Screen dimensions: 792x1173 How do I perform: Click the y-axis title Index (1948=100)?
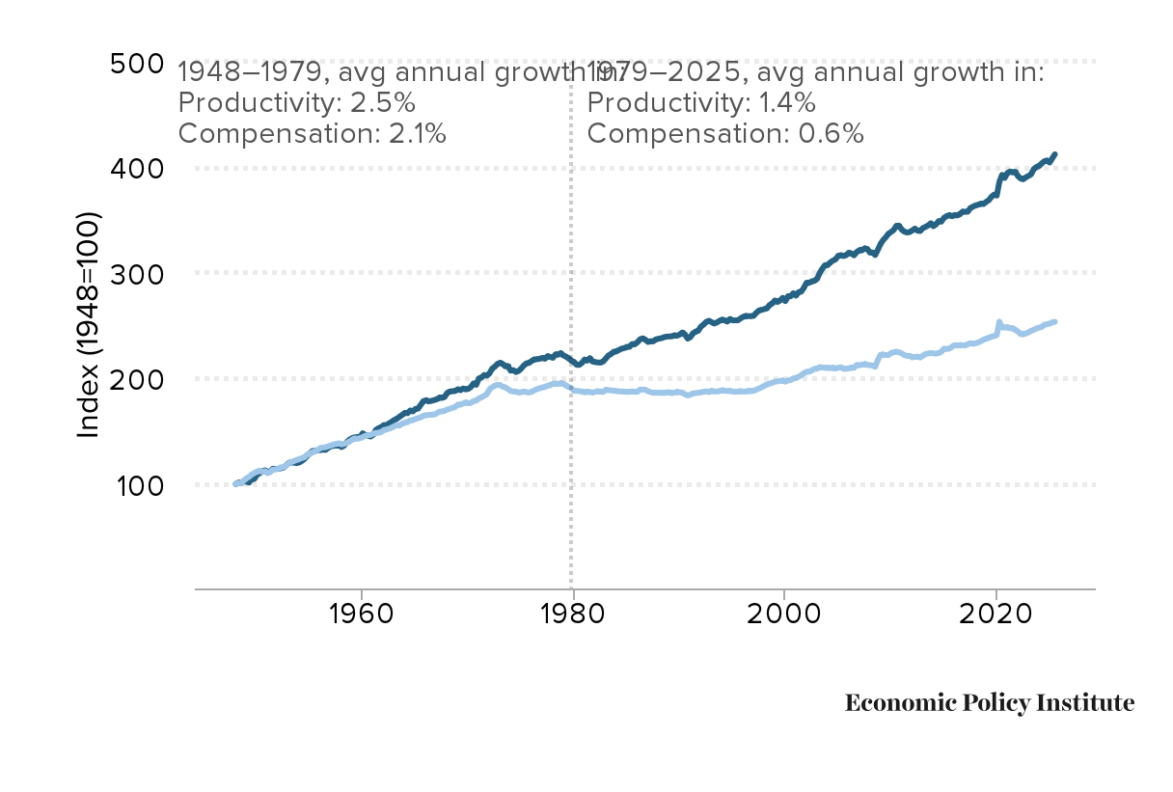pyautogui.click(x=89, y=325)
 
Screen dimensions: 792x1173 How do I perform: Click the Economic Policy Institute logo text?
pyautogui.click(x=990, y=703)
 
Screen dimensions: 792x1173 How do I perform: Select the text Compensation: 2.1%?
pyautogui.click(x=313, y=133)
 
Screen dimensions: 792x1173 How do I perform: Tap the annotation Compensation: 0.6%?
pyautogui.click(x=724, y=133)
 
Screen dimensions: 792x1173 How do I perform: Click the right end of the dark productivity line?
pyautogui.click(x=1055, y=154)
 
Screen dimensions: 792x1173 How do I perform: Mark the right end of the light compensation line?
pyautogui.click(x=1055, y=321)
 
